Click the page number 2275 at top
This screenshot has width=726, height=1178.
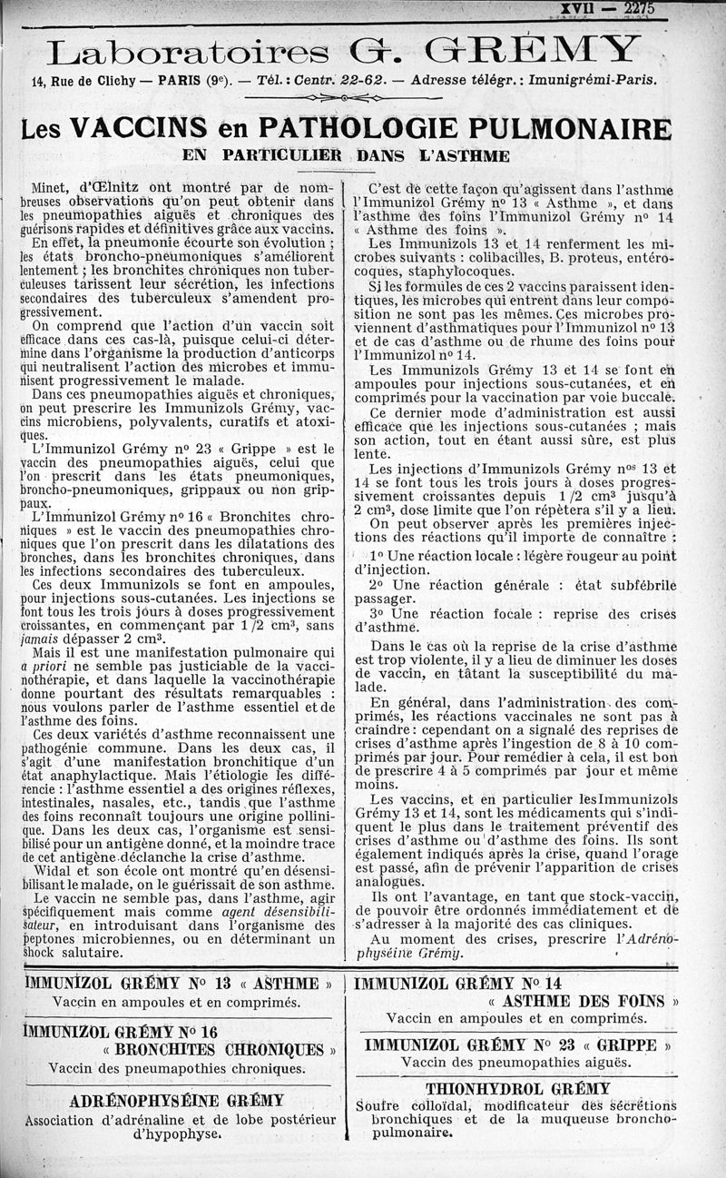click(x=643, y=8)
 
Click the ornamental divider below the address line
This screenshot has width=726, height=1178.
click(x=344, y=97)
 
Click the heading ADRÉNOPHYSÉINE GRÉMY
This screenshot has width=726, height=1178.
click(x=177, y=1100)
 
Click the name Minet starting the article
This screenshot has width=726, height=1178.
click(x=52, y=188)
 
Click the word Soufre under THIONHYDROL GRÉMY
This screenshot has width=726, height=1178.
click(x=379, y=1105)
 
